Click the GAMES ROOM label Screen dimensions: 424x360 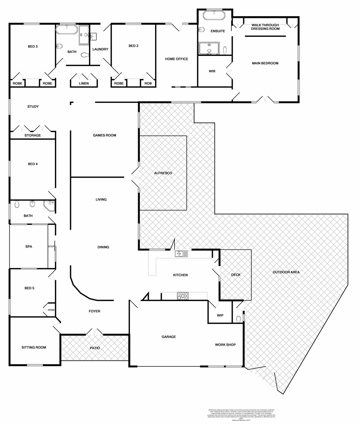coord(104,135)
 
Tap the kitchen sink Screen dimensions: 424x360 coord(181,253)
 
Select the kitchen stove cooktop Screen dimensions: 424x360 coord(182,296)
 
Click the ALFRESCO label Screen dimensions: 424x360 coord(163,173)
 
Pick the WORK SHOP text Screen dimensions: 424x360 coord(225,345)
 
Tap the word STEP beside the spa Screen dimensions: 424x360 coord(51,247)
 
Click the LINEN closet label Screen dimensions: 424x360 coord(84,84)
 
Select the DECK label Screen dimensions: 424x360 coord(236,275)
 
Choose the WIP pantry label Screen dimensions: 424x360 coord(220,315)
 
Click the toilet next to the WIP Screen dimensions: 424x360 coord(239,318)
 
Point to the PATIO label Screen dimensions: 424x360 coord(94,348)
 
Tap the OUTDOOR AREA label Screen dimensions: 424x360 coord(286,272)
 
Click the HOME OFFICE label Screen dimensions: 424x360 coord(176,59)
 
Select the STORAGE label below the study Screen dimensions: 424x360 coord(32,135)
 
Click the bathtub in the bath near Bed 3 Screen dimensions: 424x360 coord(67,30)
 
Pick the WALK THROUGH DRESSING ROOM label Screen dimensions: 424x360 coord(265,27)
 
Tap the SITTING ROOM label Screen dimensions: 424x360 coord(34,347)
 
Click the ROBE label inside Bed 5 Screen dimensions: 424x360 coord(51,310)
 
